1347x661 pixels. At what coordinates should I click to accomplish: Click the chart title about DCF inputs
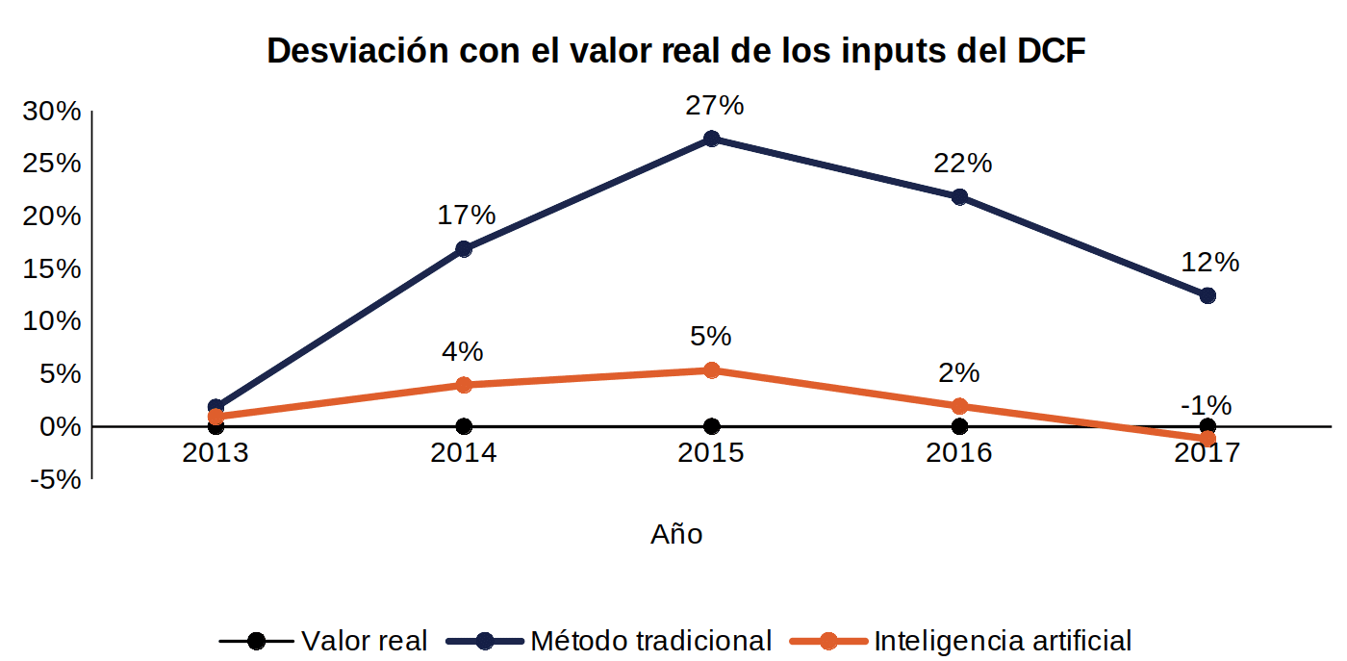[675, 51]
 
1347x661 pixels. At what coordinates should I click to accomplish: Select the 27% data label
[714, 105]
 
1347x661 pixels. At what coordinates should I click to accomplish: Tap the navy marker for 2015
[711, 139]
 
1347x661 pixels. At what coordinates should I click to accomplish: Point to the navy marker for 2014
[464, 249]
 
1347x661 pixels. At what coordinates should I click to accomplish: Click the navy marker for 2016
[960, 197]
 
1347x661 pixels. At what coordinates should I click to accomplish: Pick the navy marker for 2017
[1207, 296]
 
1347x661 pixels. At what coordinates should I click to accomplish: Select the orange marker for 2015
[711, 369]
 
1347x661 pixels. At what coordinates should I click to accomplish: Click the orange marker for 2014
[464, 385]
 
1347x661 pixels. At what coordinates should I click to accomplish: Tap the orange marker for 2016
[960, 407]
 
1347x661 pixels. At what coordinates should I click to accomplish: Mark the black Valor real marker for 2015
[711, 426]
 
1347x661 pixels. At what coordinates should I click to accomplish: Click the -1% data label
[1207, 405]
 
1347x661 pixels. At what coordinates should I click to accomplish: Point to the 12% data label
[1210, 263]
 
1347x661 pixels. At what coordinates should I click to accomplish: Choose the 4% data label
[463, 351]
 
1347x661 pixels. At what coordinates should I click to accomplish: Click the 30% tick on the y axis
[52, 112]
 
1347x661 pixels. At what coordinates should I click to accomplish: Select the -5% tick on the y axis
[56, 480]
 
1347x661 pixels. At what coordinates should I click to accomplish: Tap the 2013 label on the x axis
[216, 453]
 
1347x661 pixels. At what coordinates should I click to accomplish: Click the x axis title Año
[676, 534]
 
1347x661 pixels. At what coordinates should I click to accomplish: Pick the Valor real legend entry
[323, 641]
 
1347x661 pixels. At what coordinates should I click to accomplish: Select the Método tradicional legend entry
[608, 641]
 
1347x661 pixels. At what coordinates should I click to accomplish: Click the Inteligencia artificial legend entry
[960, 641]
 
